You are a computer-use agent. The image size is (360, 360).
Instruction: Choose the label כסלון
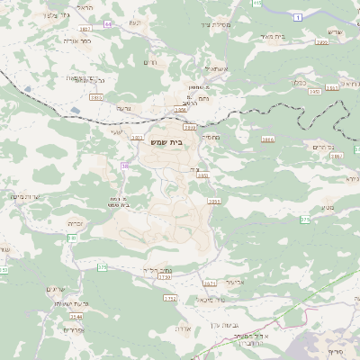(301, 80)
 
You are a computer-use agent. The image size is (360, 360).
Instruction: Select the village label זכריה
(76, 222)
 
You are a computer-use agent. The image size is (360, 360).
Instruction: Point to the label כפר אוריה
(80, 40)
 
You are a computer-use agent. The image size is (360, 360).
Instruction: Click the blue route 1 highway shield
(296, 16)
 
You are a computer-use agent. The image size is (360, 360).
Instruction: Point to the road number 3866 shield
(267, 139)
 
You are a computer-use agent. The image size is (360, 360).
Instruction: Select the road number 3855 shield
(214, 202)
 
